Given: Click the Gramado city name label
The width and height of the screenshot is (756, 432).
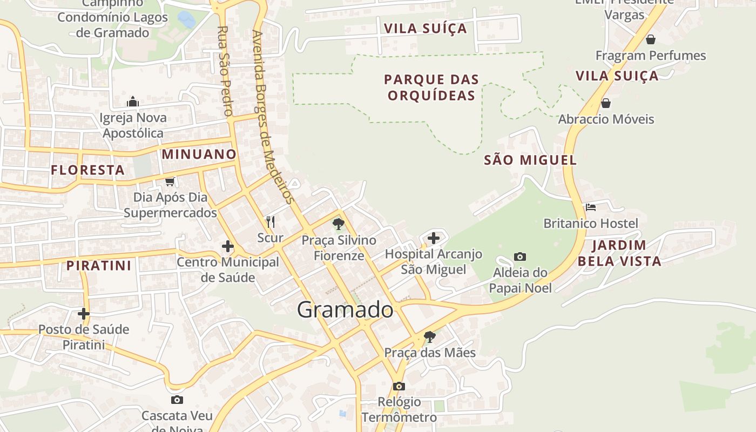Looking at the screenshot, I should tap(345, 310).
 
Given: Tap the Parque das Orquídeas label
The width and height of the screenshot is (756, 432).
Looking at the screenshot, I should tap(431, 87).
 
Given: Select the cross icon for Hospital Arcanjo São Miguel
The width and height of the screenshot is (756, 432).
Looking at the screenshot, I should tap(434, 238).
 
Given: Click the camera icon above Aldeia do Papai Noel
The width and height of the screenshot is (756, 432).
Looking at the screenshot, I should tap(520, 256).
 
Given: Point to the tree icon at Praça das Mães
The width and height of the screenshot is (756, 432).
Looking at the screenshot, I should tap(430, 337).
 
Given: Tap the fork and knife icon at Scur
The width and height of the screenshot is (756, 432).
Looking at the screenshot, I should tap(271, 221).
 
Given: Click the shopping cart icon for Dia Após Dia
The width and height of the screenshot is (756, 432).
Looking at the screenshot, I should tap(170, 182).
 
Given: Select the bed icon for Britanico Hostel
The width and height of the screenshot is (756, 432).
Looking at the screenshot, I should tap(591, 207).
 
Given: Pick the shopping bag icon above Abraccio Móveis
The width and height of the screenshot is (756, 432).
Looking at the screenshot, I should tap(606, 103).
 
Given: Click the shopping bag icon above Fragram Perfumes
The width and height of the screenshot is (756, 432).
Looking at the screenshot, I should tap(651, 39).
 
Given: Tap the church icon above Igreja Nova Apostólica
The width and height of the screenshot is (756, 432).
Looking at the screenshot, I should tap(133, 102).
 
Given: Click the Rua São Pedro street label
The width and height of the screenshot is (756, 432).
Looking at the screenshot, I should tap(225, 71).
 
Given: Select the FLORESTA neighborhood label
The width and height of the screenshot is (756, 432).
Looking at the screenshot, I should tap(88, 170).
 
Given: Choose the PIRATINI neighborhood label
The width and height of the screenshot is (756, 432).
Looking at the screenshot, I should tap(99, 266).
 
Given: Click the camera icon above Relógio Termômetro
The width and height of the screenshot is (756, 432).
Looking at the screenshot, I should tap(399, 386).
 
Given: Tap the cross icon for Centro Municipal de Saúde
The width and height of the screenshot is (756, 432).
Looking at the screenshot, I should tap(228, 247).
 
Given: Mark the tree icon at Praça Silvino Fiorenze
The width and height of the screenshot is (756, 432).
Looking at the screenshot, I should tap(339, 224).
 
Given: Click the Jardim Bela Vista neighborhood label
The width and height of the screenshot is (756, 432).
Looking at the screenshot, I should tap(619, 253).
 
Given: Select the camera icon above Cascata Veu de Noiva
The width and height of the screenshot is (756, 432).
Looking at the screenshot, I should tap(177, 400).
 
